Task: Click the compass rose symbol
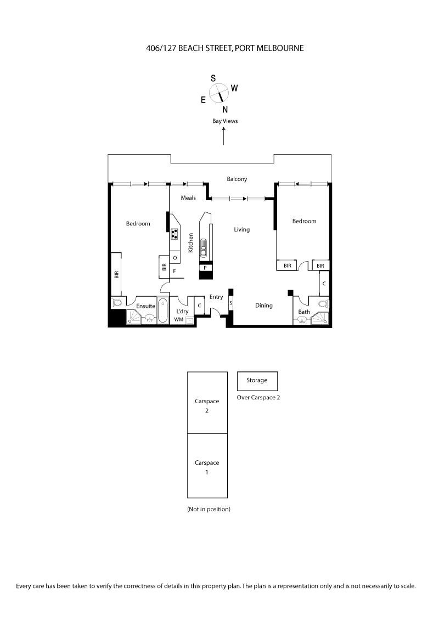[x=219, y=94]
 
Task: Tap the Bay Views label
[x=225, y=121]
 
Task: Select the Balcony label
[x=237, y=179]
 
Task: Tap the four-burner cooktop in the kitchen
[x=175, y=234]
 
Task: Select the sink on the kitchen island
[x=204, y=248]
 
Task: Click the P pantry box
[x=205, y=268]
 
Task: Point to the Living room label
[x=241, y=229]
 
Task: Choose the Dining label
[x=264, y=306]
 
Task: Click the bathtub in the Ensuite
[x=163, y=312]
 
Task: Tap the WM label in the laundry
[x=178, y=319]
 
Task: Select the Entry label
[x=216, y=297]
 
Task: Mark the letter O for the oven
[x=175, y=257]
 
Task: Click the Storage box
[x=257, y=380]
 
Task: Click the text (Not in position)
[x=209, y=509]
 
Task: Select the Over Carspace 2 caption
[x=258, y=398]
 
